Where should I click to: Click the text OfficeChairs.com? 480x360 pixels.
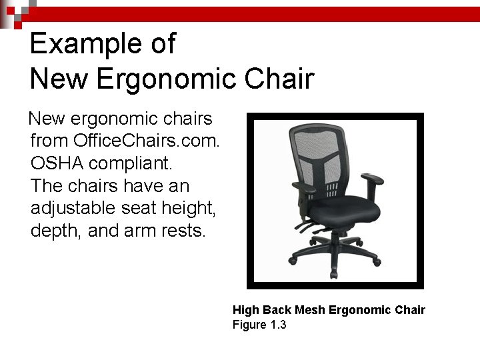pyautogui.click(x=147, y=141)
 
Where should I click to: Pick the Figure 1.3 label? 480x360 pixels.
pyautogui.click(x=259, y=325)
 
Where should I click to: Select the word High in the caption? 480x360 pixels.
pyautogui.click(x=246, y=310)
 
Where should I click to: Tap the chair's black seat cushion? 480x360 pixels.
pyautogui.click(x=343, y=211)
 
